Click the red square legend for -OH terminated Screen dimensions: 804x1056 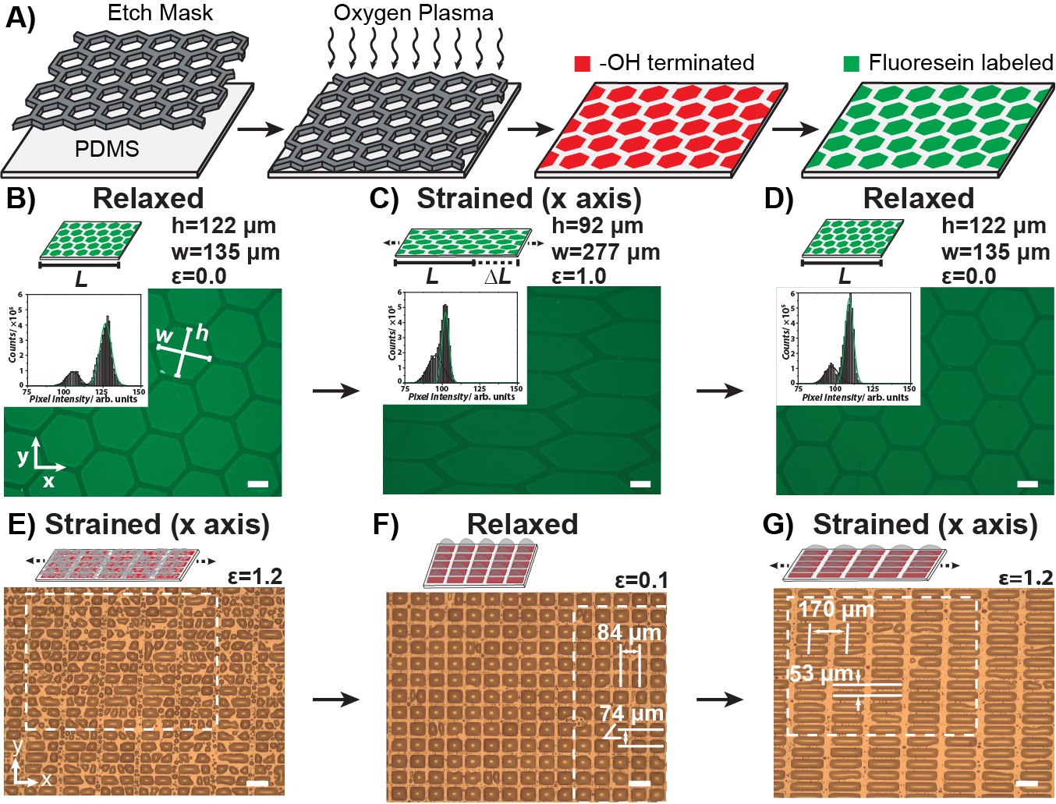point(582,64)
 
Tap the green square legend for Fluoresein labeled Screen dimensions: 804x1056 point(851,64)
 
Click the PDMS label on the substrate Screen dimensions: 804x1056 point(107,148)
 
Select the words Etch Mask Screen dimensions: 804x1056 point(161,12)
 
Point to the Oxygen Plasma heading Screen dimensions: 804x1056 point(413,12)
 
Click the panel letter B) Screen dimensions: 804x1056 point(21,198)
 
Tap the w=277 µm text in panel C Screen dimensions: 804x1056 point(605,252)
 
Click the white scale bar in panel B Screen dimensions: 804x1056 point(257,484)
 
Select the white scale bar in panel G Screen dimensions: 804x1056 point(1027,782)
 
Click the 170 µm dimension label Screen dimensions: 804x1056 point(836,609)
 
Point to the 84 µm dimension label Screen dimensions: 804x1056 point(629,632)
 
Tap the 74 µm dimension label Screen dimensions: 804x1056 point(632,714)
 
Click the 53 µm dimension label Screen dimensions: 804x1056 point(820,673)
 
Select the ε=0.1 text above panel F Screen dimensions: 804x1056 point(641,580)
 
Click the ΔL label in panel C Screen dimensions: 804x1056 point(498,277)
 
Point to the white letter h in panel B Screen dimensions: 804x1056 point(202,334)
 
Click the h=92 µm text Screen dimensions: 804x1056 point(597,226)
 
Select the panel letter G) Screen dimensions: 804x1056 point(778,525)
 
